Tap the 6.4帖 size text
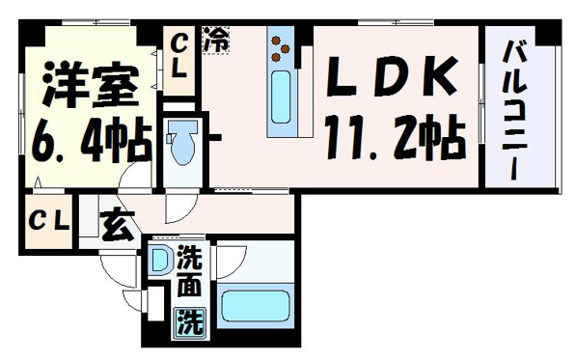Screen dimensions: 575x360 point(92,139)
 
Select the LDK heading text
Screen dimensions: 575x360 point(393,76)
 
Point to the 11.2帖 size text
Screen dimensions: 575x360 point(396,137)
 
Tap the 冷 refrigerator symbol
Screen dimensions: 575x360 point(216,40)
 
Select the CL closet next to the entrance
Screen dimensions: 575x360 point(49,221)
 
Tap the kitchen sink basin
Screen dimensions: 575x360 point(281,97)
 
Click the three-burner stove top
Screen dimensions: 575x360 point(281,48)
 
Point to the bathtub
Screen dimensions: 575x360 point(256,306)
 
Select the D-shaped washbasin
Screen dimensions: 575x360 point(160,260)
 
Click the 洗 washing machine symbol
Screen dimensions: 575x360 point(190,321)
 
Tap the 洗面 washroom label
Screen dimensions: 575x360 point(190,271)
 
